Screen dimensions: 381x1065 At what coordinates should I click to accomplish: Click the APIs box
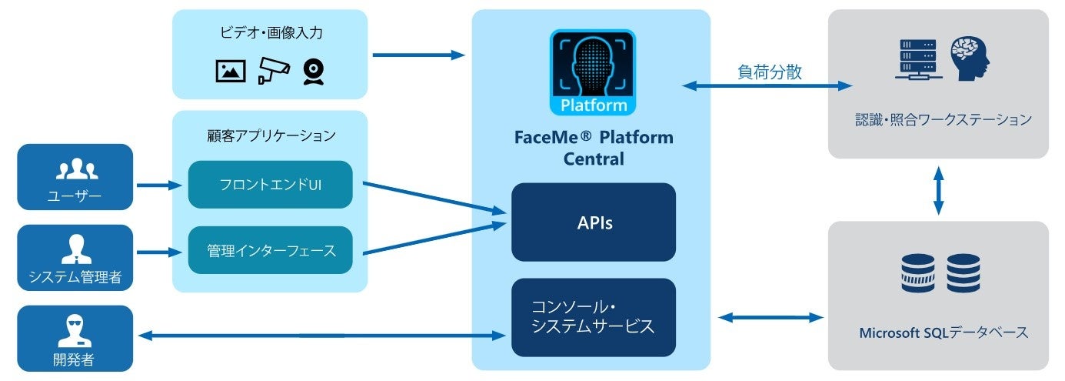click(593, 222)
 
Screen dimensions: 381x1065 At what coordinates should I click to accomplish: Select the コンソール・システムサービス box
click(593, 317)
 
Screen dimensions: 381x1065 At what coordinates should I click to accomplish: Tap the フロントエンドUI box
click(270, 185)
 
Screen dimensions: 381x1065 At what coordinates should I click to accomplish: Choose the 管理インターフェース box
click(270, 250)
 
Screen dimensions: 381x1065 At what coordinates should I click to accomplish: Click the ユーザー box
click(75, 177)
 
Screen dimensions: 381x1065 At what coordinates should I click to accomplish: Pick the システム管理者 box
click(75, 258)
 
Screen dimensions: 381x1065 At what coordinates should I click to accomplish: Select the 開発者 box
click(75, 339)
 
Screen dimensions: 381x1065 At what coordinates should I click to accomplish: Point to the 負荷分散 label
click(769, 72)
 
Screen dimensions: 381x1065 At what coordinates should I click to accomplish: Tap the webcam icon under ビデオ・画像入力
click(313, 71)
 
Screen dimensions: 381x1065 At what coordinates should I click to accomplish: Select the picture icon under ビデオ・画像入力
click(231, 71)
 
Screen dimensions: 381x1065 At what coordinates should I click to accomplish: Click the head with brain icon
click(970, 60)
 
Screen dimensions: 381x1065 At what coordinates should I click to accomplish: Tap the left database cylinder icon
click(917, 273)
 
